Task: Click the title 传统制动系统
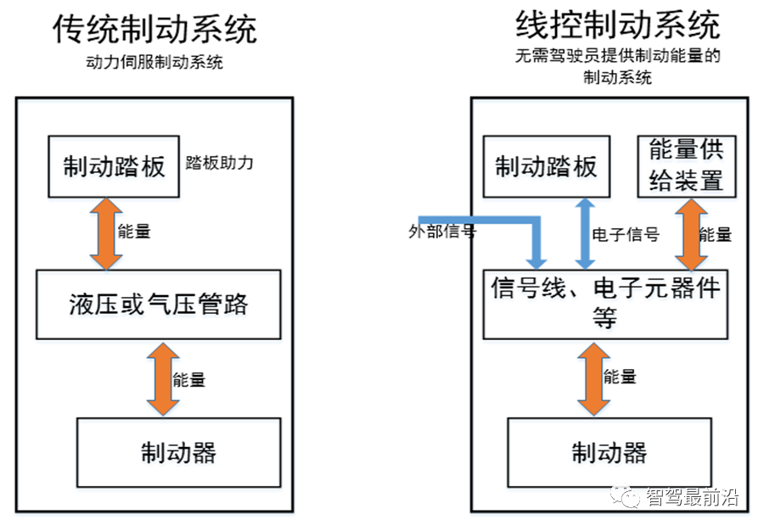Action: tap(154, 30)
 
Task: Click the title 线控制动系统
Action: tap(618, 25)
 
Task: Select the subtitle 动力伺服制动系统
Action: tap(154, 62)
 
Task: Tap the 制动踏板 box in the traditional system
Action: tap(114, 166)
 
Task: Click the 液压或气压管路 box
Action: tap(158, 304)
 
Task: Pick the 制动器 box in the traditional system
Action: tap(178, 451)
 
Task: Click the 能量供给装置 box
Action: tap(686, 167)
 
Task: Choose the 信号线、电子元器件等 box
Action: tap(606, 304)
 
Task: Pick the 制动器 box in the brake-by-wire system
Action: tap(609, 451)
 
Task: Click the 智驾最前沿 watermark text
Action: tap(691, 497)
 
